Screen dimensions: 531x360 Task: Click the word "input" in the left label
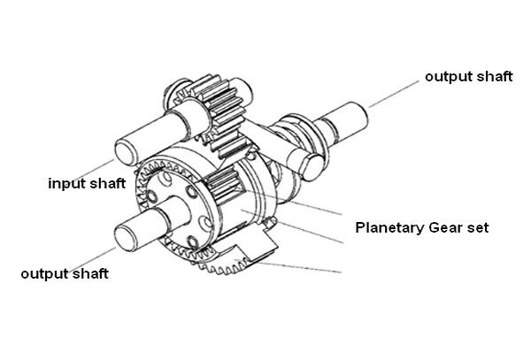67,184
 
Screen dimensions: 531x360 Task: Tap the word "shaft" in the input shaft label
108,183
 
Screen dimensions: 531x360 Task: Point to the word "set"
478,227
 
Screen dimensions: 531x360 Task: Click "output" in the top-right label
446,77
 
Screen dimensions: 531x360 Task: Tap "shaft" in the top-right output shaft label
496,76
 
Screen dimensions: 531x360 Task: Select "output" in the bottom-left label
42,273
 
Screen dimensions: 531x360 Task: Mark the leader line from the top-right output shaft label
394,94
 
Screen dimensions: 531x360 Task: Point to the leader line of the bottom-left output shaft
91,260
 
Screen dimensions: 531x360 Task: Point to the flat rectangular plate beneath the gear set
257,246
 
